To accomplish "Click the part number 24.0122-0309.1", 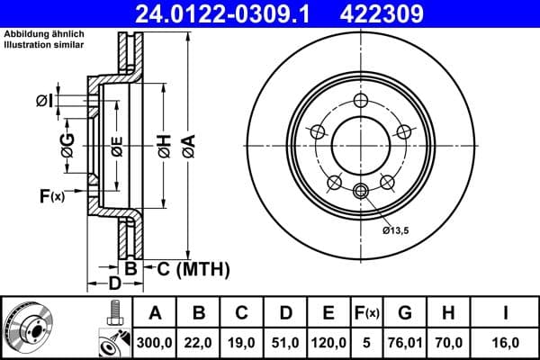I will (x=237, y=13).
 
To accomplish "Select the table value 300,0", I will (x=156, y=342).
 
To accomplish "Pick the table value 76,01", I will (x=405, y=342).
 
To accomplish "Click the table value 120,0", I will (x=328, y=342).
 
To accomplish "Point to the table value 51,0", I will (x=285, y=342).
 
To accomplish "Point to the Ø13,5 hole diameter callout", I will (x=397, y=230).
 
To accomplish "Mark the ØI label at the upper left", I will (x=44, y=99).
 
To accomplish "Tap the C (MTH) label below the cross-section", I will (x=189, y=268).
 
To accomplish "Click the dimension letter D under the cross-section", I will (x=113, y=285).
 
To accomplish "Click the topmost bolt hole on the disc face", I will (x=361, y=100).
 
